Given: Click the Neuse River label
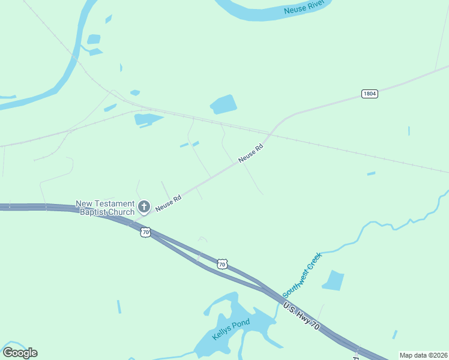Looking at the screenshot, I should pos(304,8).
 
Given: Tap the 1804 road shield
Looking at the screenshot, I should pos(370,94).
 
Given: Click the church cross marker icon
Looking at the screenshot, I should pos(143,207).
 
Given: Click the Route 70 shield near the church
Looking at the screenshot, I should pos(145,232).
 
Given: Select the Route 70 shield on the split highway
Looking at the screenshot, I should pos(222,264).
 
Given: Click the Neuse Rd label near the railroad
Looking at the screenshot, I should pos(251,153).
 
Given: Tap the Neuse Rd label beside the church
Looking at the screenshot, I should pos(169,203).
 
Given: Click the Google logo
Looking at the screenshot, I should pos(20,353).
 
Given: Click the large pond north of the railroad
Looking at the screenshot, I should pos(223,104).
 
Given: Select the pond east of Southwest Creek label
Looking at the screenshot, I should pos(333,280).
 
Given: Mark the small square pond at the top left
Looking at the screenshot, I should pos(94,40).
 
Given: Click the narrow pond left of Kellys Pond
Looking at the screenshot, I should pos(119,307).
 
